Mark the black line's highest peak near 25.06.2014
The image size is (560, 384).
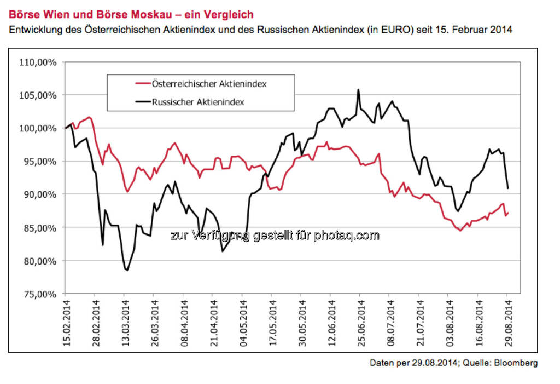click(358, 90)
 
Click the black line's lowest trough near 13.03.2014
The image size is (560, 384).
click(127, 270)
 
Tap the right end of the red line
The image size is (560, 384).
click(509, 213)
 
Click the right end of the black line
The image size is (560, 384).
click(509, 188)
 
